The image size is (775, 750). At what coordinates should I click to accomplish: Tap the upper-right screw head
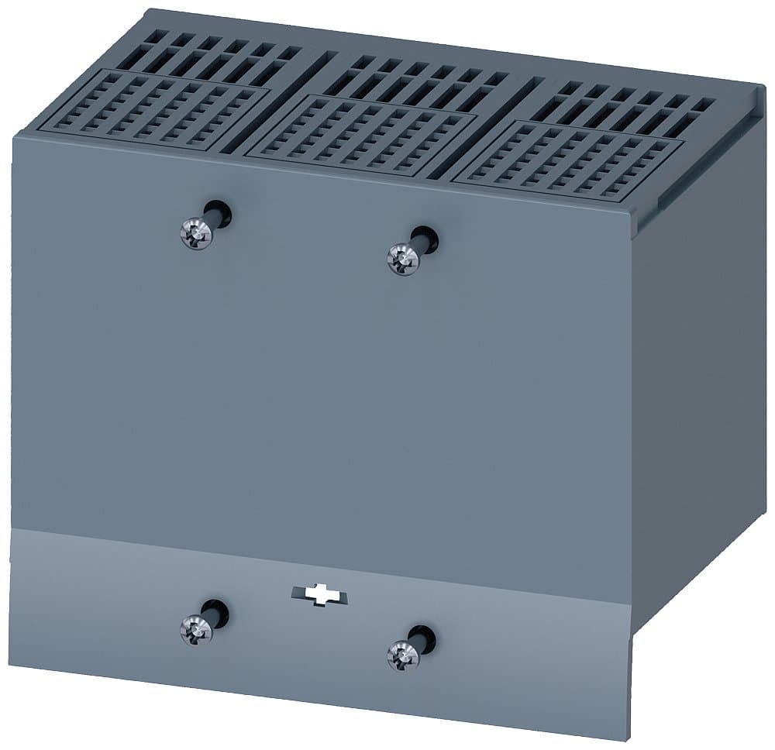[x=401, y=258]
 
